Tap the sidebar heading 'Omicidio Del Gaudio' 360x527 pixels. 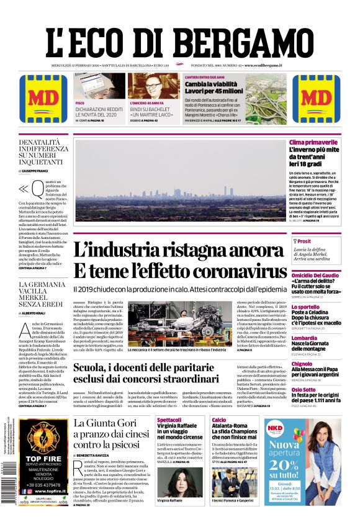pos(315,274)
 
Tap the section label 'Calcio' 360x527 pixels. pos(218,420)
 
